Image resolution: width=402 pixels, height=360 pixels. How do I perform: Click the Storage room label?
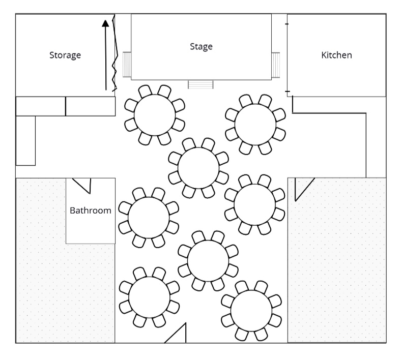point(65,55)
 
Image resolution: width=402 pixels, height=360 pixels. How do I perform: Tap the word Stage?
point(201,46)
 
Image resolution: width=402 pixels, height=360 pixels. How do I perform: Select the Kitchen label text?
point(336,55)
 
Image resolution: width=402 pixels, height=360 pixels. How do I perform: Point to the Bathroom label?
point(91,210)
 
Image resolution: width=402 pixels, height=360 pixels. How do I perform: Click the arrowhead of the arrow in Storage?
point(105,23)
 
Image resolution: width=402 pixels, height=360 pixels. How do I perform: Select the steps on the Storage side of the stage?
point(127,65)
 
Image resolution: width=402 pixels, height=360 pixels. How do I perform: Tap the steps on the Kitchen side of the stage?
point(276,65)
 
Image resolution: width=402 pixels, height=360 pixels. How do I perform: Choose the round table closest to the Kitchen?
point(255,124)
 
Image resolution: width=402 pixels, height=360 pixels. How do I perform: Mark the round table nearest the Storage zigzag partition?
point(155,115)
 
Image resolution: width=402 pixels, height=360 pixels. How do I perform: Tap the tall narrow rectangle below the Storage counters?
point(25,140)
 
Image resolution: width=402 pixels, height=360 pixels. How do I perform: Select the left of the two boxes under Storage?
point(41,106)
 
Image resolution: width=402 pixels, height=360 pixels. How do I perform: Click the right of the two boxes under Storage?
point(91,106)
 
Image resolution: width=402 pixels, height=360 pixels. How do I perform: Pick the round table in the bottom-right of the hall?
point(251,310)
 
